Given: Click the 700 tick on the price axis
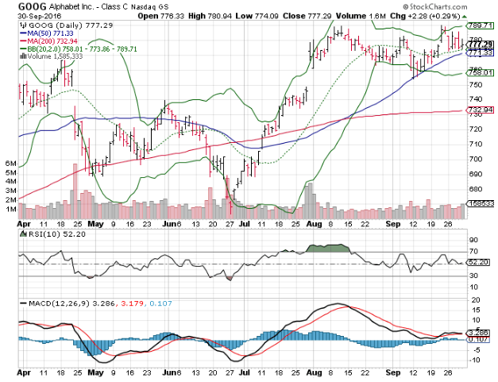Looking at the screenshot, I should point(475,159).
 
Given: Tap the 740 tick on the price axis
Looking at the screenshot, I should point(475,98).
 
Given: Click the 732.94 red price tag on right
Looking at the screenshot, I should point(475,110).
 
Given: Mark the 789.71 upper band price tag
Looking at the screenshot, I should point(475,26).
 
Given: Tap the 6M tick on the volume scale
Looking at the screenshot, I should point(11,162).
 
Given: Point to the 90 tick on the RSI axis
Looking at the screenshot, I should point(472,239).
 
